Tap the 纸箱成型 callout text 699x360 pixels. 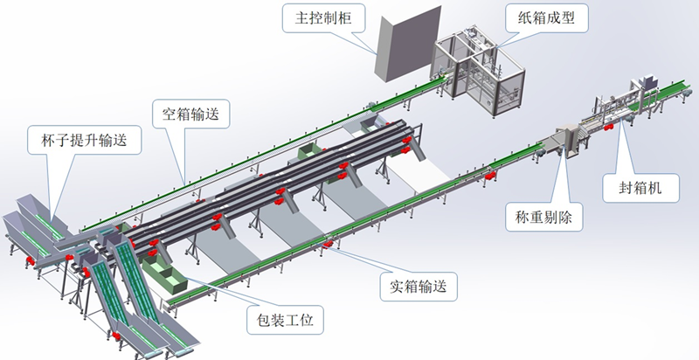[x=555, y=17]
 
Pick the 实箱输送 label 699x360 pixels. [x=420, y=285]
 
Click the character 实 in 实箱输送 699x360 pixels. [x=395, y=285]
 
